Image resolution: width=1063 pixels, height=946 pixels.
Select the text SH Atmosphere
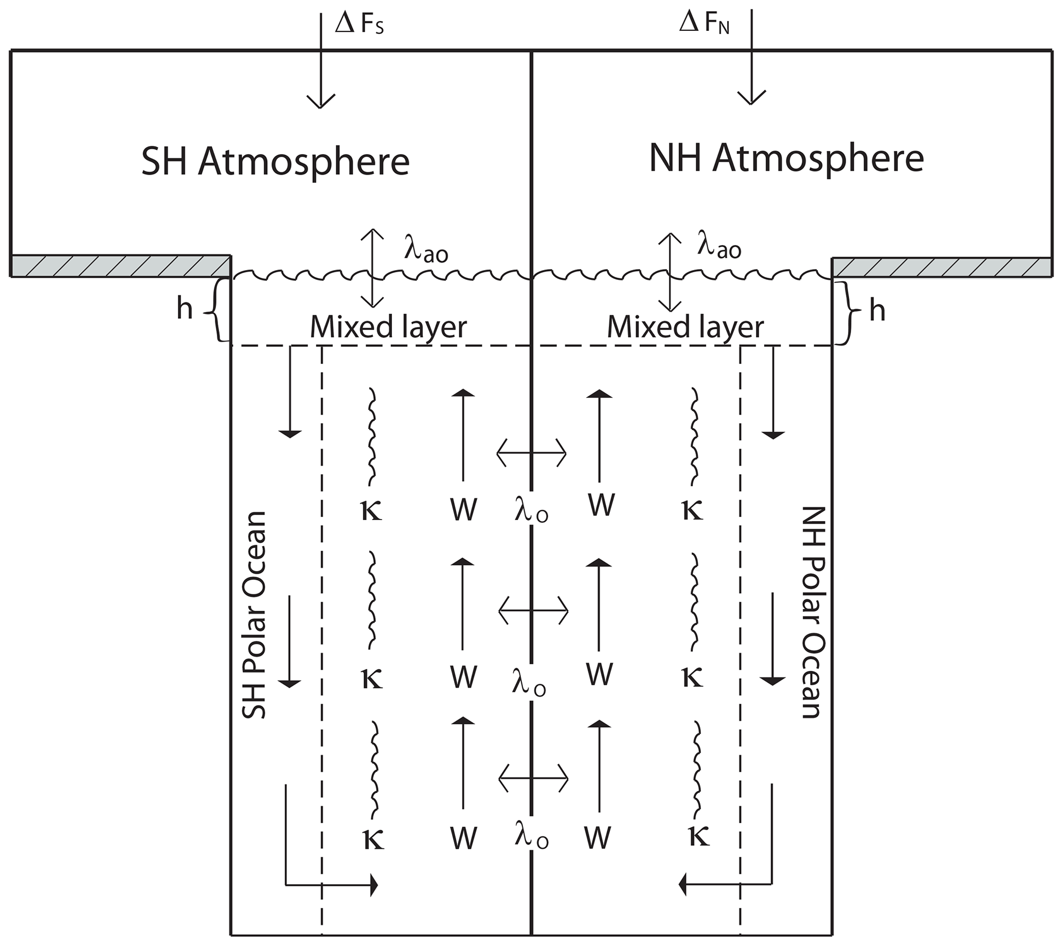pos(275,162)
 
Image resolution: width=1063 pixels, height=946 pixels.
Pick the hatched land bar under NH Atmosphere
pos(941,267)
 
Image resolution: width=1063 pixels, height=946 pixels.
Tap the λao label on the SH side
pos(426,252)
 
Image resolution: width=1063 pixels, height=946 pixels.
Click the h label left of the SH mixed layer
pos(185,310)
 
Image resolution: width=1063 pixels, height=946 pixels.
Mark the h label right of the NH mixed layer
pos(877,312)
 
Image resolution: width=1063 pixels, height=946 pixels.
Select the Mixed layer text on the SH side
pos(388,328)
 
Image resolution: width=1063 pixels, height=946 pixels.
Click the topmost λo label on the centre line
pos(531,513)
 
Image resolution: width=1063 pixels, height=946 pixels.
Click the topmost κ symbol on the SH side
pos(371,511)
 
